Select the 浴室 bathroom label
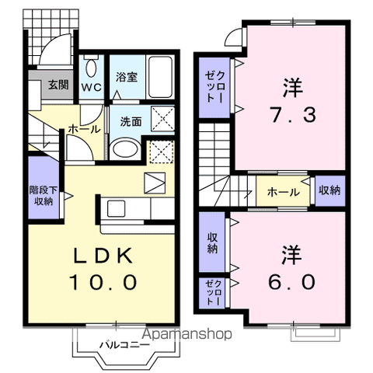coord(126,78)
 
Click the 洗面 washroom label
coord(130,121)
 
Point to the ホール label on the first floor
coord(82,129)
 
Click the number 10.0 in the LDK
coord(105,281)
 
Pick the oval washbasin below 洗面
coord(124,148)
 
